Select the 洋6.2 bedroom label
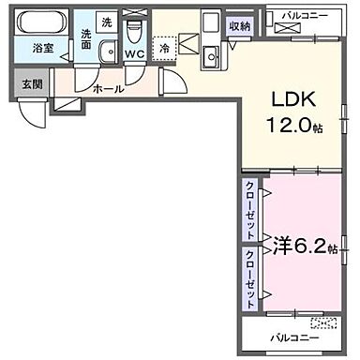tap(298, 247)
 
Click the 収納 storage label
tap(239, 26)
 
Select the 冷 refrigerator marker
tap(165, 48)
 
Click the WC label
tap(134, 54)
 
